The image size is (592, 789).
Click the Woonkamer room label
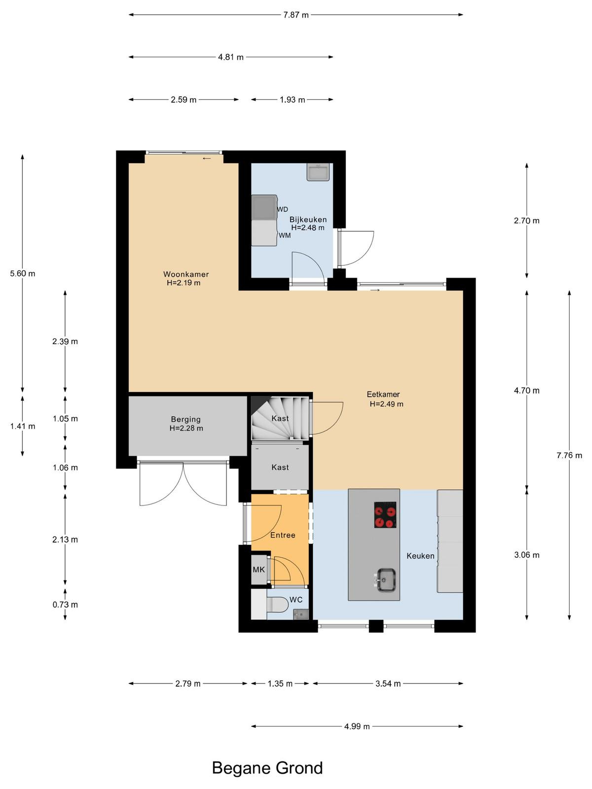coord(186,274)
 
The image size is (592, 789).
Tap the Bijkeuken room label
coord(308,219)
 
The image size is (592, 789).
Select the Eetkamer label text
coord(383,394)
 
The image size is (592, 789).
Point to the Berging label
coord(186,419)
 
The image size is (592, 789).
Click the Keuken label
coord(420,556)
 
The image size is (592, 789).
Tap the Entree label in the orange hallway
coord(283,535)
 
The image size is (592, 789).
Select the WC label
coord(296,600)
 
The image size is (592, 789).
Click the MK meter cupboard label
coord(259,570)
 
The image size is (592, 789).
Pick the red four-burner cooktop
coord(385,515)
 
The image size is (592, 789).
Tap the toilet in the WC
coord(277,604)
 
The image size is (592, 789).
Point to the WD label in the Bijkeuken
coord(283,209)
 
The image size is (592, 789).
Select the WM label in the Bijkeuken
coord(285,235)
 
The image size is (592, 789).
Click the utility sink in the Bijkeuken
coord(318,172)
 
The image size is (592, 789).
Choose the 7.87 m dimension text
coord(296,15)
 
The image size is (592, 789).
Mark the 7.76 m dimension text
coord(569,456)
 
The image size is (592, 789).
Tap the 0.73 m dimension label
coord(65,605)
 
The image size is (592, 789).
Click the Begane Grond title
coord(267,768)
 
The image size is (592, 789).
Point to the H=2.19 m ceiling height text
coord(184,283)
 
